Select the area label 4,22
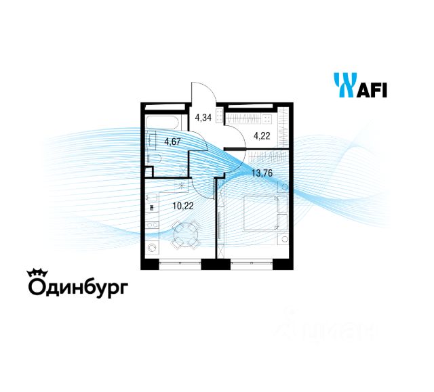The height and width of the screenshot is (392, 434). [261, 135]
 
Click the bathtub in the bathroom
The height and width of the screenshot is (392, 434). [163, 123]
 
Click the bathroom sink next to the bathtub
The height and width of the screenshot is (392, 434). [151, 143]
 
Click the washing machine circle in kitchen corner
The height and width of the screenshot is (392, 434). [153, 248]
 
